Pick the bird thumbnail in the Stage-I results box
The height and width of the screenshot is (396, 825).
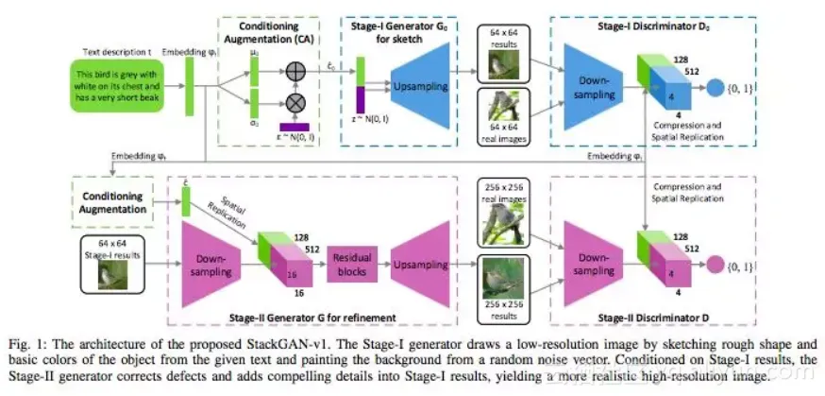[x=113, y=275]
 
